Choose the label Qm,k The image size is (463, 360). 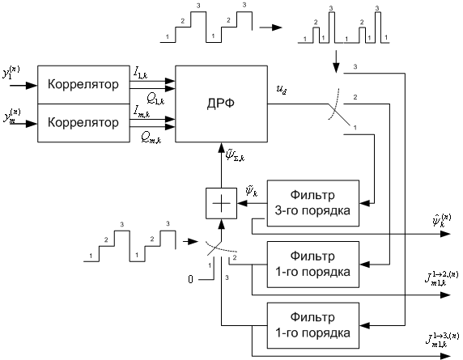coord(147,138)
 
